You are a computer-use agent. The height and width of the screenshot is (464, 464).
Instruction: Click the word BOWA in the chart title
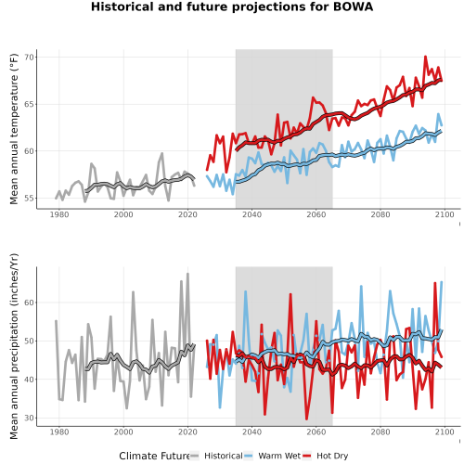pos(353,6)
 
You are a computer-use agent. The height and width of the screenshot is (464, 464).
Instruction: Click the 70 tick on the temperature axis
pos(30,58)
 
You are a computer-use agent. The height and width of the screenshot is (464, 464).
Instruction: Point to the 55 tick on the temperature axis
pos(30,198)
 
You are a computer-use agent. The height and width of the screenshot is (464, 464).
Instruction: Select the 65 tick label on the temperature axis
pos(30,104)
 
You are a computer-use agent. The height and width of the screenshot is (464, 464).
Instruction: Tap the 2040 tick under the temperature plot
pos(251,214)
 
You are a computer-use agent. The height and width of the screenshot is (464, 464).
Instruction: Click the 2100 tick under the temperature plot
pos(445,214)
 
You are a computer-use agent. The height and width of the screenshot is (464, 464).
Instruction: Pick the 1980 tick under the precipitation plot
pos(59,432)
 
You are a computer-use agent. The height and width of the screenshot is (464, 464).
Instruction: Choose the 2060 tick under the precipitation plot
pos(316,432)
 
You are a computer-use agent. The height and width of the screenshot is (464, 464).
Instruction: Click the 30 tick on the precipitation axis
pos(30,418)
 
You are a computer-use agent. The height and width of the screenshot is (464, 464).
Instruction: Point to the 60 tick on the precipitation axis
pos(30,303)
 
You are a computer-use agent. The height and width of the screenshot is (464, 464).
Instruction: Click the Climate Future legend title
pos(154,456)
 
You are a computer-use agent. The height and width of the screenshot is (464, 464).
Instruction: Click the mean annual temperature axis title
pos(14,129)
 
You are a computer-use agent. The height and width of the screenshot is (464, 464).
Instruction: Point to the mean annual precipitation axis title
pos(14,346)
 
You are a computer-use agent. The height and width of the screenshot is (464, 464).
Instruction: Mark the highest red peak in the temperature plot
pos(426,57)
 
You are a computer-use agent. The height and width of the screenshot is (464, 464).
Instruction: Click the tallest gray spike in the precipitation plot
pos(187,274)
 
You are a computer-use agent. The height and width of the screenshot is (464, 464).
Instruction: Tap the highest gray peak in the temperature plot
pos(162,153)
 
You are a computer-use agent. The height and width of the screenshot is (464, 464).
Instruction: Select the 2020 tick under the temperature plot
pos(187,214)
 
